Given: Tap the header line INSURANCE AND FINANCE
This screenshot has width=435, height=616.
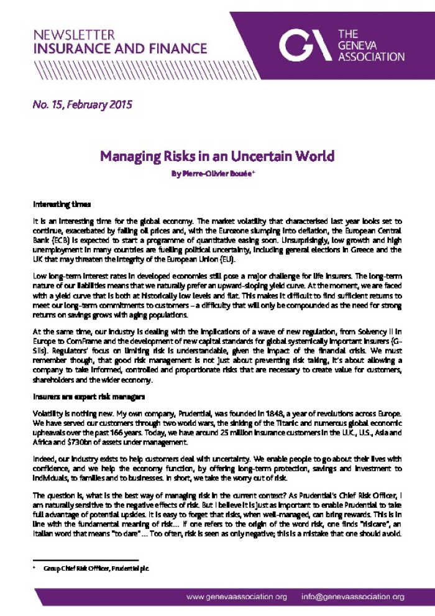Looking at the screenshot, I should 120,48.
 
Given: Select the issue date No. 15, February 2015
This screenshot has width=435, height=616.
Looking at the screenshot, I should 82,104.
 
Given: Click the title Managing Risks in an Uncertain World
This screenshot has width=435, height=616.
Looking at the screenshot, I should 217,155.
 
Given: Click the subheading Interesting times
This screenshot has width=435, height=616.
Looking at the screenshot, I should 62,204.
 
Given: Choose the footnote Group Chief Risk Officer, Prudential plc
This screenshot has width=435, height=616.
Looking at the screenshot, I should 96,568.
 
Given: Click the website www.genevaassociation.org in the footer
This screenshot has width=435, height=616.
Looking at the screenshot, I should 237,597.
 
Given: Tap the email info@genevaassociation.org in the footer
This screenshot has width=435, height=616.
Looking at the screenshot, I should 352,597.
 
